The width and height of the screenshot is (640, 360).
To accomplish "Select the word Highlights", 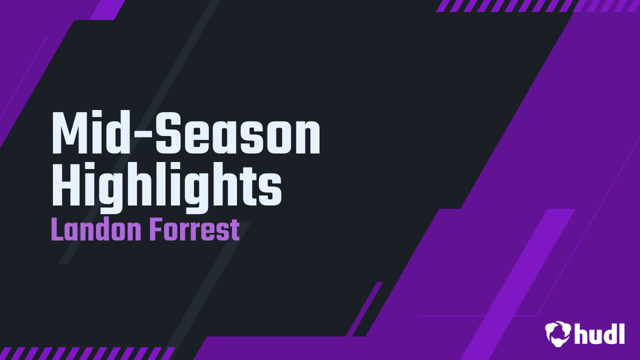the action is tap(166, 187).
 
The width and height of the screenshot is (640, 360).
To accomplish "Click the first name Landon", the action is tap(96, 229).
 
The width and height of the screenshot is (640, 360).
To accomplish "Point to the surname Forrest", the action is tap(194, 229).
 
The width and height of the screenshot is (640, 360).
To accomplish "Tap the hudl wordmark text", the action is tap(599, 333).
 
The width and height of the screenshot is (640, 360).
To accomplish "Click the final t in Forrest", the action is tap(235, 231).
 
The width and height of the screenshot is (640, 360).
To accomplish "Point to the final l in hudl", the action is tap(621, 333).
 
